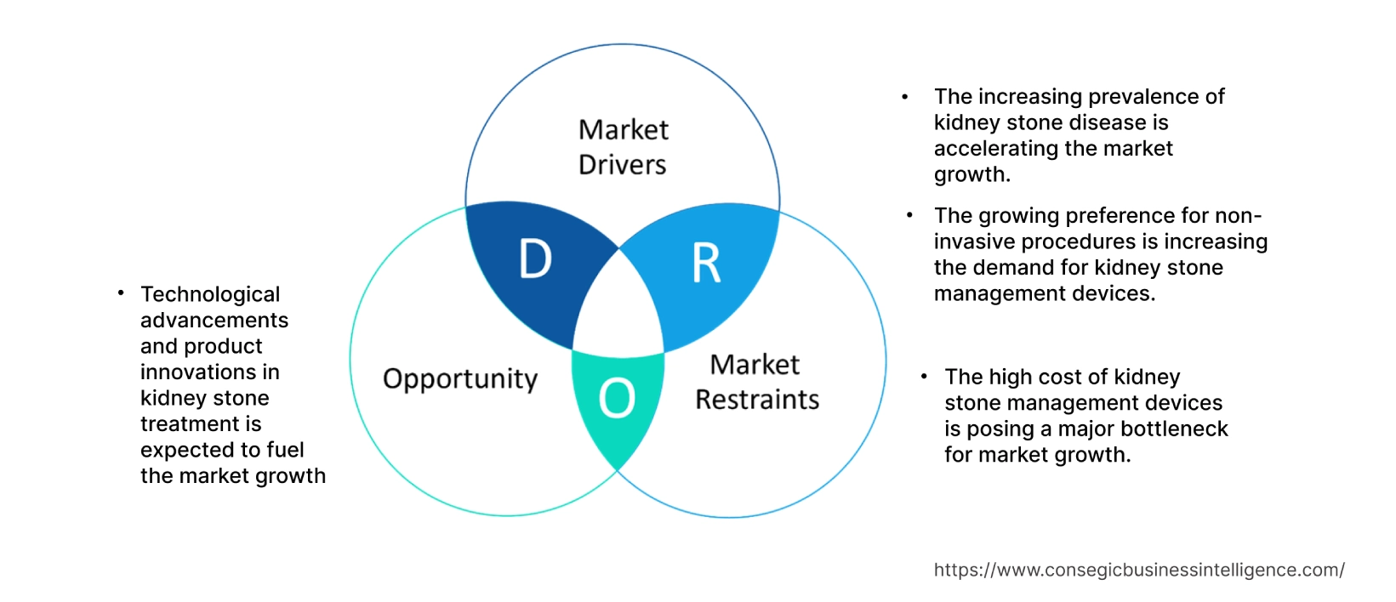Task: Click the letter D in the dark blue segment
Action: [535, 259]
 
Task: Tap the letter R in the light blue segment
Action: [706, 264]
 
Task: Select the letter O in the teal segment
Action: [617, 398]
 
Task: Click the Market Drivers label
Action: [623, 147]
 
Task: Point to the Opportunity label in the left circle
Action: [460, 379]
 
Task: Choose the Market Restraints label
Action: [756, 382]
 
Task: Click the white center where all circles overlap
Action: [618, 310]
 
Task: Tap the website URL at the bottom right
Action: [1138, 570]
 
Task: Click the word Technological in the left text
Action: [210, 294]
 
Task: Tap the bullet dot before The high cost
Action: [924, 376]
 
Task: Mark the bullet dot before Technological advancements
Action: [121, 293]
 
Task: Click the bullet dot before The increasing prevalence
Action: [905, 97]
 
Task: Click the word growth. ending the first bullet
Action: [972, 175]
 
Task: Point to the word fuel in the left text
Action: [285, 450]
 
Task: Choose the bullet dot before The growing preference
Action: [909, 215]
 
